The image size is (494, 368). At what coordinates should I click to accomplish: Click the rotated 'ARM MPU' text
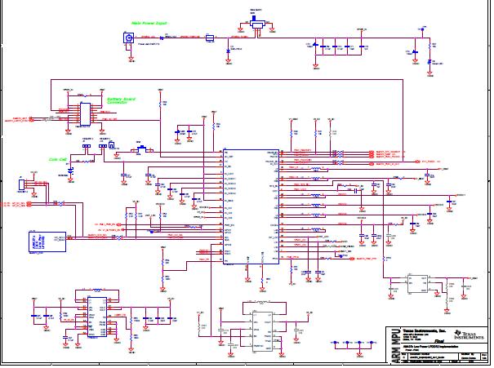(395, 344)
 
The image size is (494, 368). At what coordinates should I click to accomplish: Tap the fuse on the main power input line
(210, 38)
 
